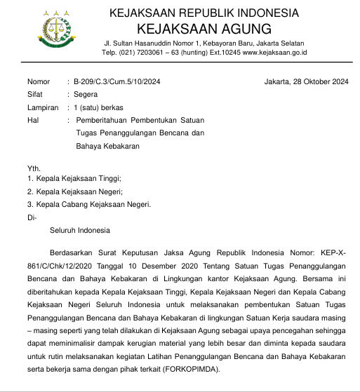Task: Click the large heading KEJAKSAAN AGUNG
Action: point(204,29)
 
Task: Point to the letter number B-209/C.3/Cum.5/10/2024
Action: point(117,82)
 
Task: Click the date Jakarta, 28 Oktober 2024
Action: point(306,82)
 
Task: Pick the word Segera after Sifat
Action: point(86,95)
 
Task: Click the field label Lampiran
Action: point(42,107)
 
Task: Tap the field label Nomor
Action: point(39,82)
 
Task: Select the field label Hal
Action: point(33,120)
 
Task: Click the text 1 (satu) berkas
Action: point(98,107)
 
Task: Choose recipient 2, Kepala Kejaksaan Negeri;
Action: point(74,191)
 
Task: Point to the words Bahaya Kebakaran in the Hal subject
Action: point(108,145)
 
